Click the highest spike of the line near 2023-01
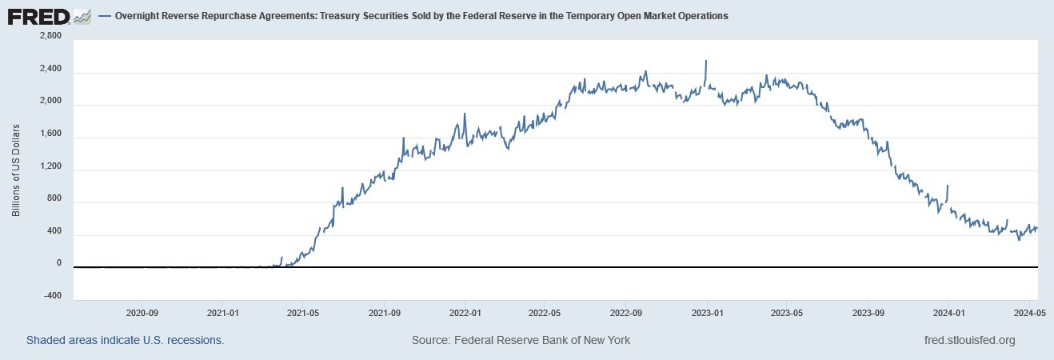pyautogui.click(x=705, y=61)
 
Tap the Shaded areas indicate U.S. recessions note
pyautogui.click(x=125, y=340)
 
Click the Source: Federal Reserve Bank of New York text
pyautogui.click(x=521, y=340)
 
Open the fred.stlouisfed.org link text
pyautogui.click(x=968, y=340)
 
